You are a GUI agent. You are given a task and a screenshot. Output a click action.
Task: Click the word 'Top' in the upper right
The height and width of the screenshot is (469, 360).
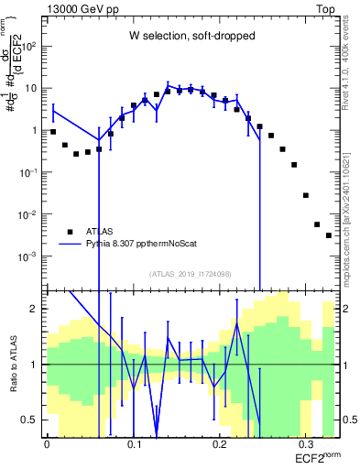click(x=324, y=8)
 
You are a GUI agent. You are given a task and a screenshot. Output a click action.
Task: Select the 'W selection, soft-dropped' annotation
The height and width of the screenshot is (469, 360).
click(x=191, y=37)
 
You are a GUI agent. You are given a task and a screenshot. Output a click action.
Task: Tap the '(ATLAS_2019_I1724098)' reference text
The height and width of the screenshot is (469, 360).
click(x=191, y=274)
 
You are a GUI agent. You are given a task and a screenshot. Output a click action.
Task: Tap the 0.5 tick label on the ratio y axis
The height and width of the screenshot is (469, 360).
click(x=31, y=420)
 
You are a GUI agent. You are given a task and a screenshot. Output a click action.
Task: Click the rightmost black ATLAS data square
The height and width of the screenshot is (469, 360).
click(x=329, y=235)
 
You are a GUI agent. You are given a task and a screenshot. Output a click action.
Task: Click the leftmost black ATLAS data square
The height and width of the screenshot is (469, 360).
click(x=53, y=132)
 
